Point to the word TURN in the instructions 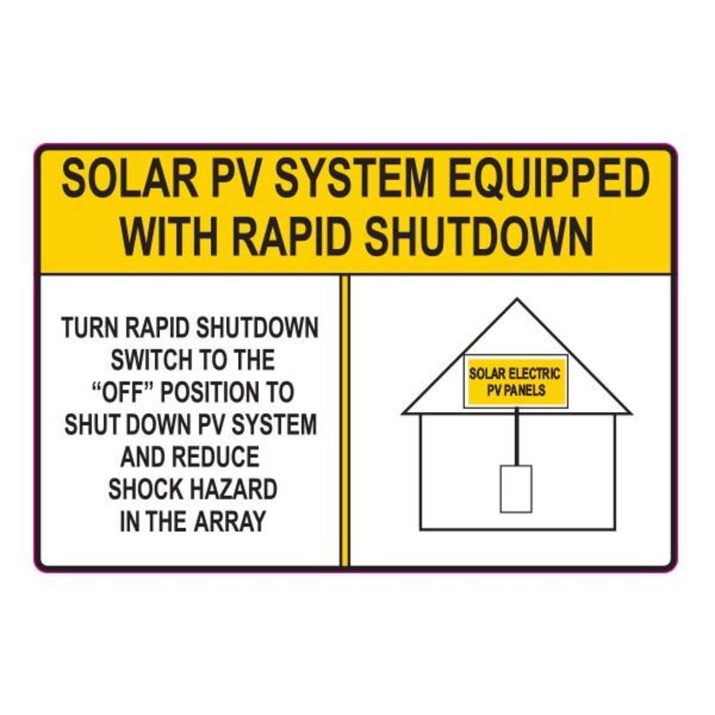tap(91, 329)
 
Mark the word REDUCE tap(221, 456)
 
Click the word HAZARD tap(235, 489)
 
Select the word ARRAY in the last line tap(231, 521)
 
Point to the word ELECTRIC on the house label tap(533, 374)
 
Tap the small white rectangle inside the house tap(516, 488)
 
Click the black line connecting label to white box tap(517, 437)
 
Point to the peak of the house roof tap(517, 301)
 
